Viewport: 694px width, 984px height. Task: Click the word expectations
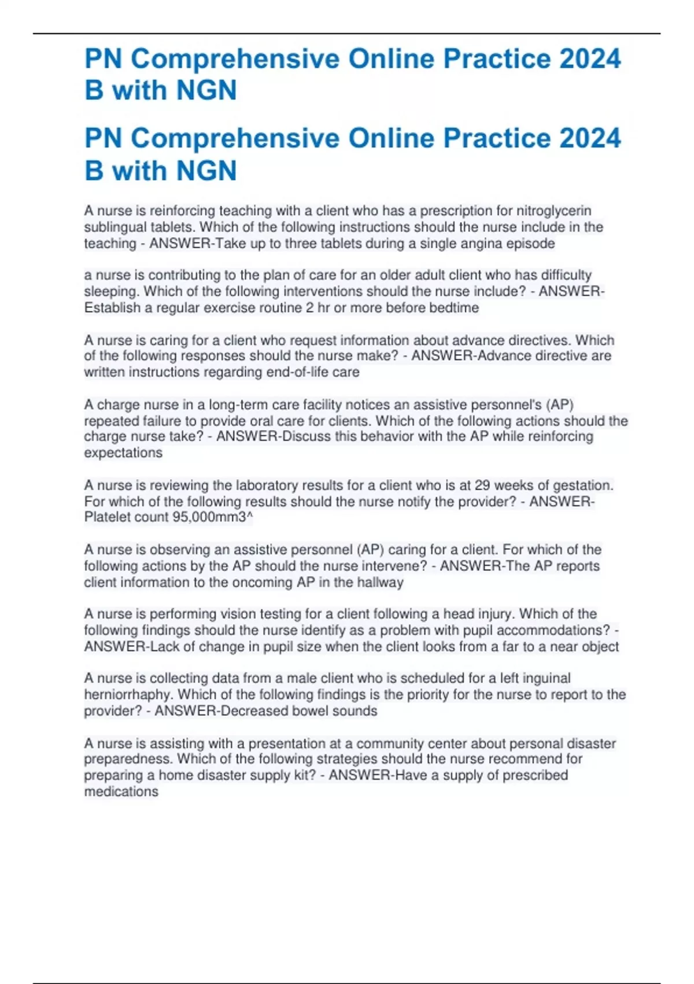pyautogui.click(x=123, y=453)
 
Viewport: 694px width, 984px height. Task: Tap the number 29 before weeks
pyautogui.click(x=482, y=485)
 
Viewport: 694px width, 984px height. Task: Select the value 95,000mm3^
pyautogui.click(x=213, y=517)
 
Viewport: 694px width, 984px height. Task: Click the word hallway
pyautogui.click(x=380, y=582)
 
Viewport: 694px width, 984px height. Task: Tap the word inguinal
pyautogui.click(x=547, y=678)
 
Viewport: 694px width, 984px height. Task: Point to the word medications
pyautogui.click(x=121, y=791)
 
